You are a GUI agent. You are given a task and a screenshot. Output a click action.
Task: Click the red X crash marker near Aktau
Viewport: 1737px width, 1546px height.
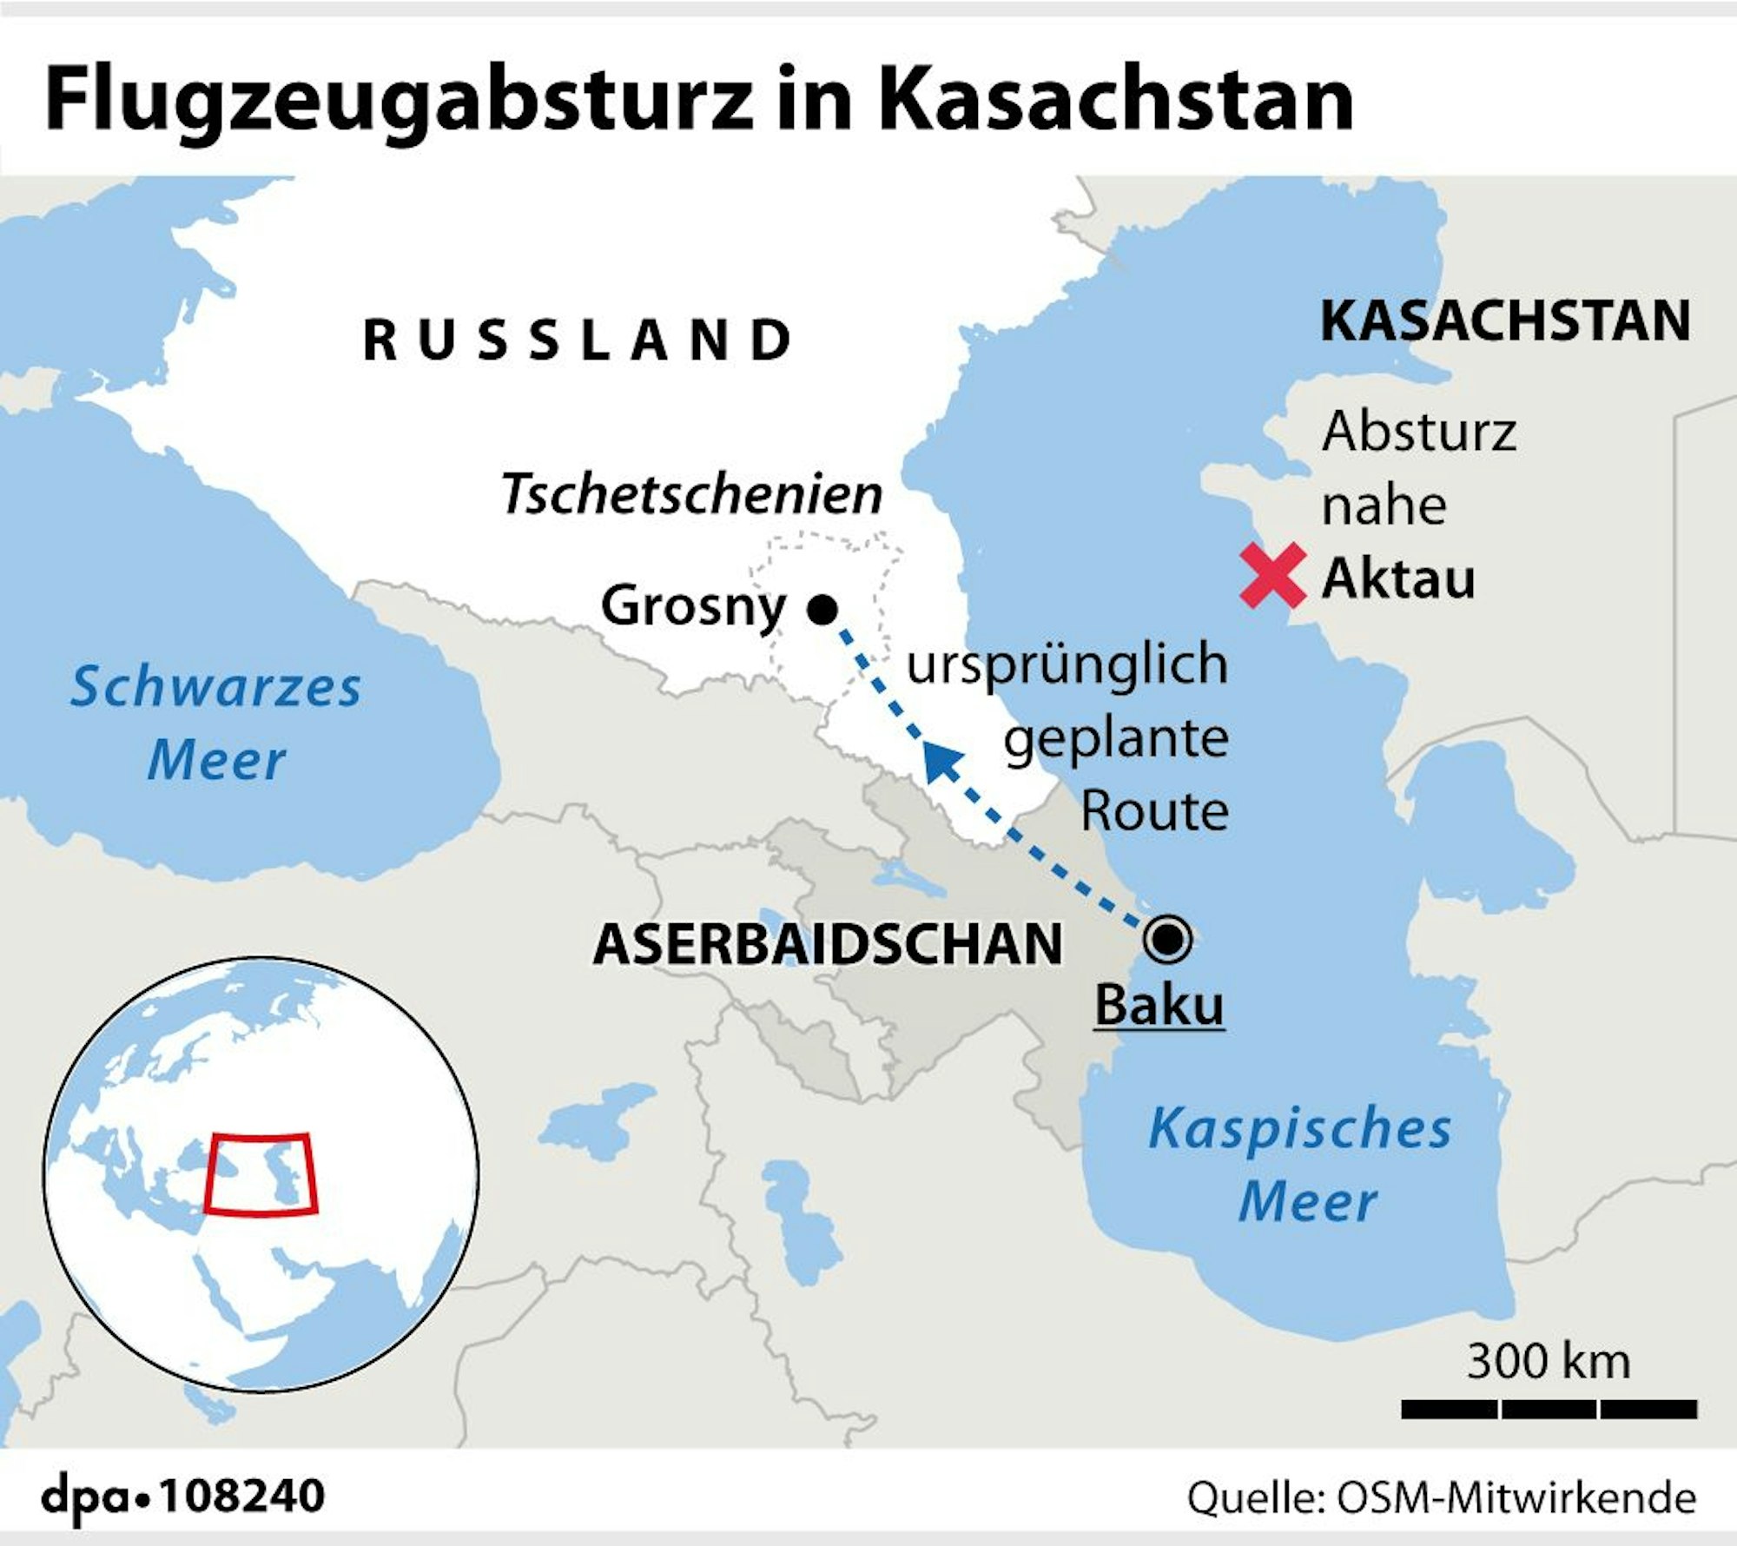[1272, 575]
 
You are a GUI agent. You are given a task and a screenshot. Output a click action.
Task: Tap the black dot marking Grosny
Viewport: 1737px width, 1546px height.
[822, 609]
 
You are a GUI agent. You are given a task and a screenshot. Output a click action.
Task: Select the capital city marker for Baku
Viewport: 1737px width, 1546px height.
[1167, 940]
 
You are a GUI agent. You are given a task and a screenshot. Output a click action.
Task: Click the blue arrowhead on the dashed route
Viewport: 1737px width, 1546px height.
[941, 763]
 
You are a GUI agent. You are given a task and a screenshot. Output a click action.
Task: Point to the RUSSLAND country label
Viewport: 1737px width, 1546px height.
[578, 340]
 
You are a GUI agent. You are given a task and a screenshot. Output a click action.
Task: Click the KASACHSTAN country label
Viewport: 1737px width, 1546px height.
[1505, 320]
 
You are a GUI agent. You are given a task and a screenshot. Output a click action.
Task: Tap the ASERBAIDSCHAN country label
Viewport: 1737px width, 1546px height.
[827, 944]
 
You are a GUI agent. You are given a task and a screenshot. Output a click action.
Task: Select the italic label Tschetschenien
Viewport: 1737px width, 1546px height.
[691, 494]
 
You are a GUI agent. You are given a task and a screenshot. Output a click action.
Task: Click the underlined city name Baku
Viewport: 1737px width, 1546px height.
[1159, 1006]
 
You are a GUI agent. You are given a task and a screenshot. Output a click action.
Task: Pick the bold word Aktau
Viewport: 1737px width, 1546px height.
[1397, 578]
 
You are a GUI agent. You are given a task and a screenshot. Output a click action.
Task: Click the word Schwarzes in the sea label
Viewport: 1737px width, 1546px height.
[215, 687]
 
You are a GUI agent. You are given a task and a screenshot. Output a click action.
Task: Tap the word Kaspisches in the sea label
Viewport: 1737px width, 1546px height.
[1299, 1129]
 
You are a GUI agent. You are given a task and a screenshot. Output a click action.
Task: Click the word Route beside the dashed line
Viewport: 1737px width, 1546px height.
[1154, 811]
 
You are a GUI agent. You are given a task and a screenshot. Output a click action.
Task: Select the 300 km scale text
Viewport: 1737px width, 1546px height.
[1548, 1361]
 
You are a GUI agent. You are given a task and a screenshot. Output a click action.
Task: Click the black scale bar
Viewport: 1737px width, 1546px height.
[1549, 1409]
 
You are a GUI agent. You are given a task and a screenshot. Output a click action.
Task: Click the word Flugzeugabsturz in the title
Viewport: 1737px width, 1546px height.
[398, 101]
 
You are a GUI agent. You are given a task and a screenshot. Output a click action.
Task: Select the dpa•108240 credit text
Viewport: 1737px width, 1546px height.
[183, 1496]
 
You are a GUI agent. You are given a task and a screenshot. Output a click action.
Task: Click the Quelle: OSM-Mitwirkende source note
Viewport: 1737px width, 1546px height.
[1441, 1498]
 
